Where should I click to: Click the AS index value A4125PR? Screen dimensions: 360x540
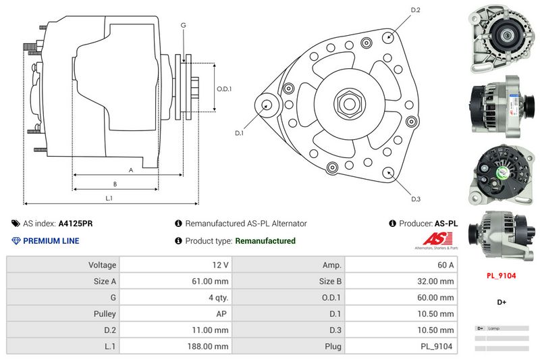76,223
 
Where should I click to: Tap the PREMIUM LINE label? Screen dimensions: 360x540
51,241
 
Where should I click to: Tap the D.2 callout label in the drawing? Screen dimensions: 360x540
416,9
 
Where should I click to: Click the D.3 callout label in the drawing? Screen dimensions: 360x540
416,199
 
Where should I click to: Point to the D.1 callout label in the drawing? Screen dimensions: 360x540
239,133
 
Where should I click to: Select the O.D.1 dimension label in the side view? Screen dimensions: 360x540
224,89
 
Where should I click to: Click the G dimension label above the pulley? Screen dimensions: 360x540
183,25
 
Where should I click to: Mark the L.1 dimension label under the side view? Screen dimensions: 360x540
109,198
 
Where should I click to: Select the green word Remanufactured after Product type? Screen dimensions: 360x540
265,241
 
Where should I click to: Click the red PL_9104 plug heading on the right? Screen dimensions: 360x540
502,276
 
